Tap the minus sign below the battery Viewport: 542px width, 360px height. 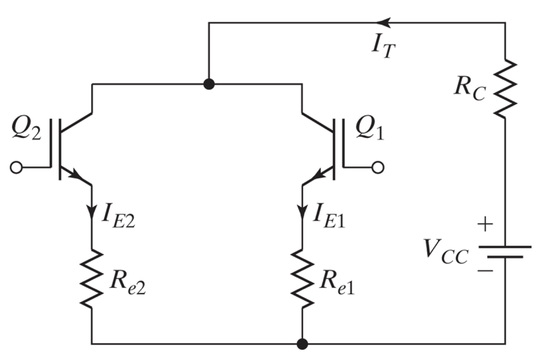485,270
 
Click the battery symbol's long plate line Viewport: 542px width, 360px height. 505,247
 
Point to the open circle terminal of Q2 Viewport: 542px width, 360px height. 16,168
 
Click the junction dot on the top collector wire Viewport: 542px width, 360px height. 208,84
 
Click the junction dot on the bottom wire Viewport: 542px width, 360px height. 302,344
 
